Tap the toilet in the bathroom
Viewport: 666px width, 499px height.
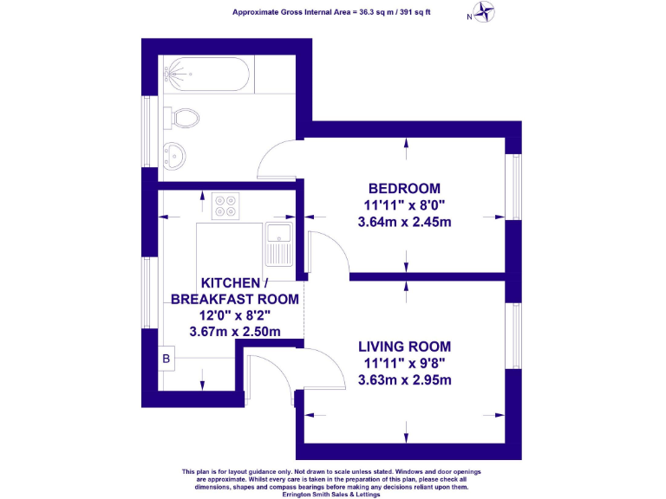[x=185, y=117]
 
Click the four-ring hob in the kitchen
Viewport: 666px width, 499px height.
[x=226, y=205]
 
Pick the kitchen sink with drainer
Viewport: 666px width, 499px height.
[x=280, y=243]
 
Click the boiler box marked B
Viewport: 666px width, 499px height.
[x=166, y=359]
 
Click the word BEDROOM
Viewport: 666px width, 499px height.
[x=404, y=188]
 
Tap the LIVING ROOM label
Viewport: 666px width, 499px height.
[x=404, y=347]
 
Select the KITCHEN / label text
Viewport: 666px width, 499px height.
[x=235, y=283]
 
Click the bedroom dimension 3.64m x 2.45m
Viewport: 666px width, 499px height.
[x=404, y=222]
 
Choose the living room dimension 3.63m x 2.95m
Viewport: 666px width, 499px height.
[x=404, y=379]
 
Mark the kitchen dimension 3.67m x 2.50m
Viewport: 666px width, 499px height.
[x=235, y=331]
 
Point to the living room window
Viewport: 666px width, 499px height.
[x=513, y=334]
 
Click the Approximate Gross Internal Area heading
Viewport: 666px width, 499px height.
[x=332, y=12]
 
